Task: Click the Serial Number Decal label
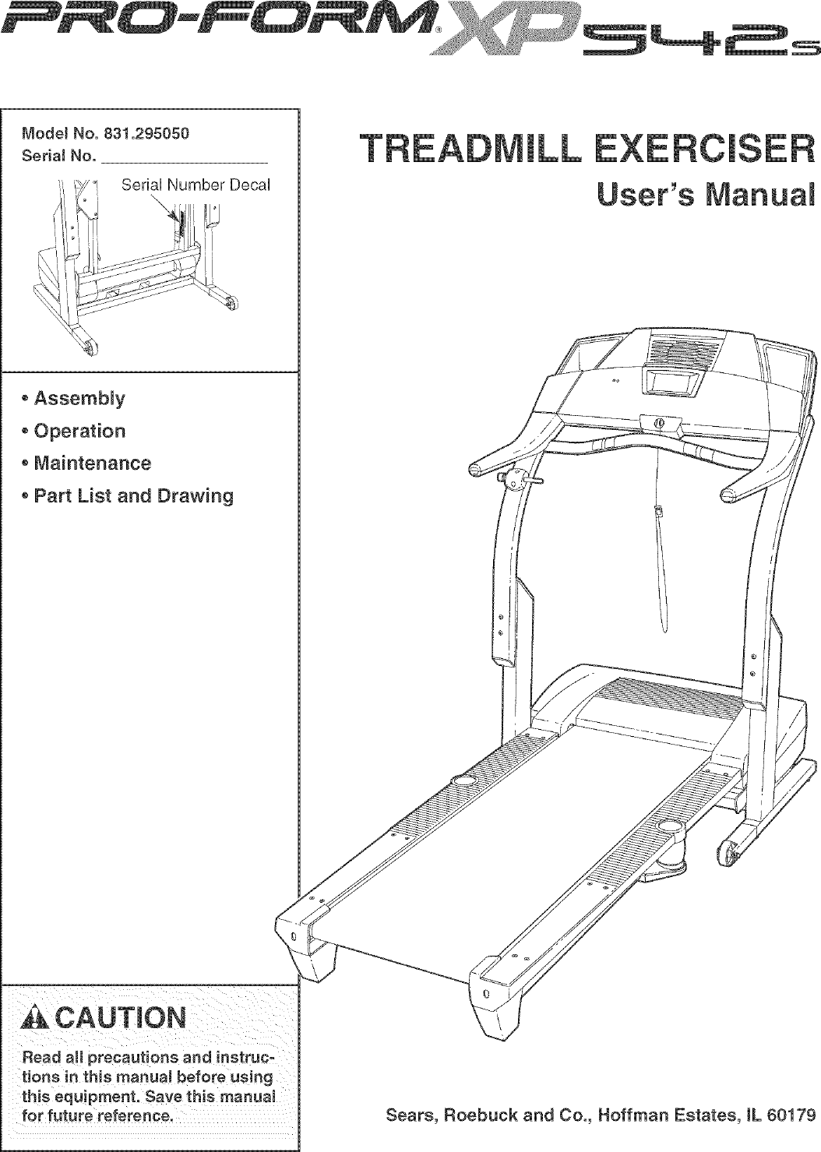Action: [196, 185]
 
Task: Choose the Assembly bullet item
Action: [79, 399]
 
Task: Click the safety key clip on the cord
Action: [658, 512]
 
